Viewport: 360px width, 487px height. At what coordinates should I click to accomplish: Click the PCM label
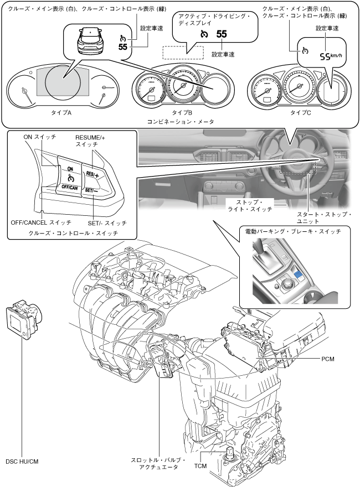pyautogui.click(x=328, y=359)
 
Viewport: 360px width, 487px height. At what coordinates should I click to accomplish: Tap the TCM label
pyautogui.click(x=200, y=465)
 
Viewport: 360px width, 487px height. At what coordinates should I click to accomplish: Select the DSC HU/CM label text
pyautogui.click(x=22, y=462)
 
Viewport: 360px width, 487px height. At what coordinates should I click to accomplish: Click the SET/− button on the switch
pyautogui.click(x=92, y=191)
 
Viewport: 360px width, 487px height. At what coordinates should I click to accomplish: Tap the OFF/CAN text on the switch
pyautogui.click(x=69, y=187)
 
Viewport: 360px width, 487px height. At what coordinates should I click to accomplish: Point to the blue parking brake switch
pyautogui.click(x=300, y=273)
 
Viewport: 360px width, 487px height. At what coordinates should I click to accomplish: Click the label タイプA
pyautogui.click(x=61, y=113)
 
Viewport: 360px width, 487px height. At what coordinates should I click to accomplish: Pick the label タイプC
pyautogui.click(x=300, y=113)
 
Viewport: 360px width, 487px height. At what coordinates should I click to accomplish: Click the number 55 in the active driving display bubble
pyautogui.click(x=222, y=34)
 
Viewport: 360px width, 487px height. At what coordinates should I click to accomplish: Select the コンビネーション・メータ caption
pyautogui.click(x=181, y=122)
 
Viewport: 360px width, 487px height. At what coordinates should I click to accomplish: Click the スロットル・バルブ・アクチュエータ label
pyautogui.click(x=158, y=463)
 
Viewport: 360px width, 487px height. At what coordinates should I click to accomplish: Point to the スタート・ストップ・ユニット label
pyautogui.click(x=324, y=218)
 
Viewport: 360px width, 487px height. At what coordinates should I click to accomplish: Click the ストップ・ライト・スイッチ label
pyautogui.click(x=250, y=206)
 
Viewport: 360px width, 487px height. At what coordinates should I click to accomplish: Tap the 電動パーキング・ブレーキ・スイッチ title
pyautogui.click(x=293, y=231)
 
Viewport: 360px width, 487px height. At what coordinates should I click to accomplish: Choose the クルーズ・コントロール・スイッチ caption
pyautogui.click(x=73, y=233)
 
